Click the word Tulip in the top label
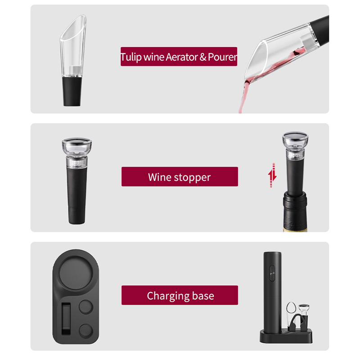[x=131, y=58]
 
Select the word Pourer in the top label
[x=222, y=58]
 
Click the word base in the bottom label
[x=202, y=296]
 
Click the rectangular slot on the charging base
[x=67, y=317]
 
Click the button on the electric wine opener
[x=271, y=272]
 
